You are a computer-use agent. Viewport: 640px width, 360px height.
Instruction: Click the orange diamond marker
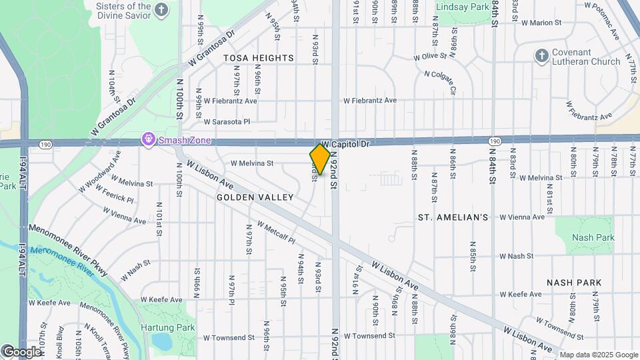[320, 159]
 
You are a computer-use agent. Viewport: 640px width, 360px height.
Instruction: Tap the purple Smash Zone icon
[148, 139]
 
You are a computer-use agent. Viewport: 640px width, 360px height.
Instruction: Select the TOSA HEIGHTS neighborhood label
[259, 58]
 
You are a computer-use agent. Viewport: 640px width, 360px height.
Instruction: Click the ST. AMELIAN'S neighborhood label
[453, 217]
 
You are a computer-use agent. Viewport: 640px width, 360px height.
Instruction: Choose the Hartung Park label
[168, 327]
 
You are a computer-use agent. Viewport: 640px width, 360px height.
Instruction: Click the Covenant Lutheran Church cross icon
[542, 56]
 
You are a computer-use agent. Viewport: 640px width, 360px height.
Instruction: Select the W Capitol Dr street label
[345, 144]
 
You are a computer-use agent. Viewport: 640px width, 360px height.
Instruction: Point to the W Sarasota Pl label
[227, 122]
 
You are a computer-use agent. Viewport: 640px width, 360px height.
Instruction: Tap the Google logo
[21, 351]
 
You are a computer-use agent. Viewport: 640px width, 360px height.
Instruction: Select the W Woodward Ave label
[99, 171]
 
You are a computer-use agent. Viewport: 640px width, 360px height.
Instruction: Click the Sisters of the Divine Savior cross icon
[161, 9]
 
